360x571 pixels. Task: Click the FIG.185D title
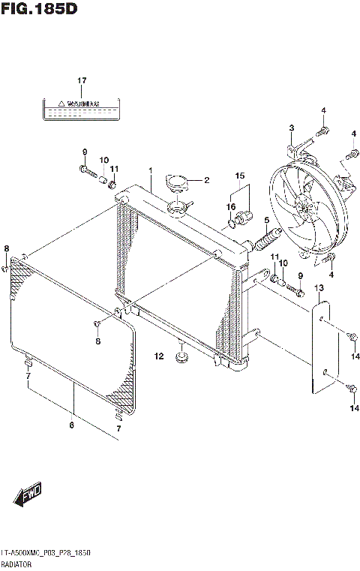click(x=39, y=10)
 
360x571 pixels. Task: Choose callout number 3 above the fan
click(x=291, y=128)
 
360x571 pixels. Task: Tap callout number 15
click(x=239, y=177)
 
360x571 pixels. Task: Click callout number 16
click(x=231, y=206)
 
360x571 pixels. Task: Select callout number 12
click(x=159, y=356)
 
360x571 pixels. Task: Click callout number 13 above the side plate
click(x=318, y=288)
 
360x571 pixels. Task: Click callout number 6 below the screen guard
click(x=72, y=426)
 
